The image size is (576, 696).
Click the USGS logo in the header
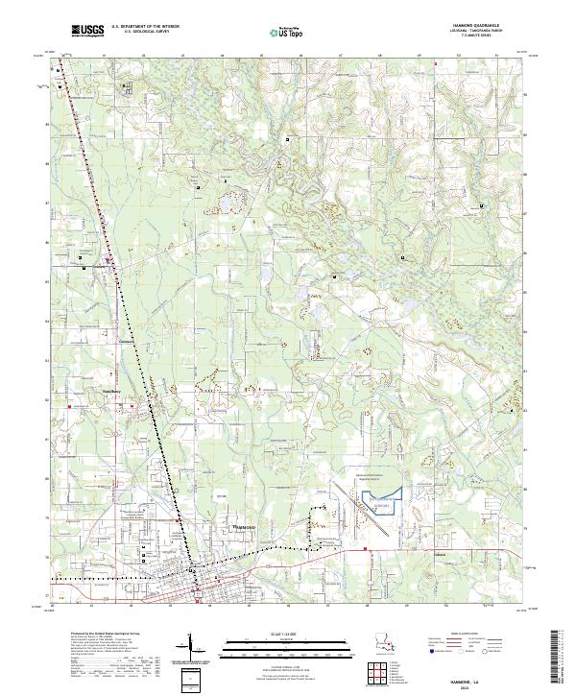(87, 31)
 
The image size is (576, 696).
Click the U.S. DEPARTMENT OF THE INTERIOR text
(144, 28)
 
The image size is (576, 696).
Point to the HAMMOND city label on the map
(244, 527)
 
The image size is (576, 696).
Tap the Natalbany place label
(125, 343)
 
